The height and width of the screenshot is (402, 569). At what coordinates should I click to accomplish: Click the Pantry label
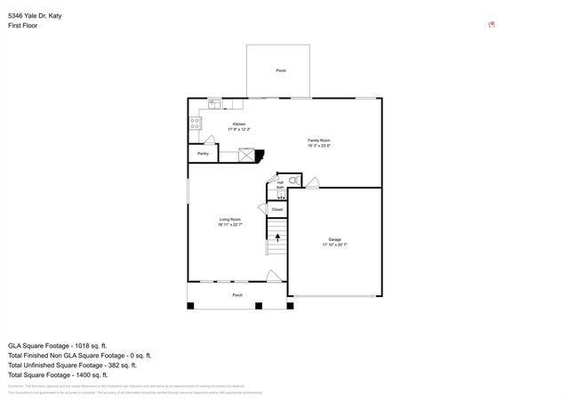click(x=203, y=154)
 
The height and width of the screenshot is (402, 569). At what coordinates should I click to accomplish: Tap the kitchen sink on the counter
click(x=214, y=103)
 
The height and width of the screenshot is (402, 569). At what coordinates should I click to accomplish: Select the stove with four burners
click(x=193, y=124)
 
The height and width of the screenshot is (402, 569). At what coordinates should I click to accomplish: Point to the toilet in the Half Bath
click(x=294, y=181)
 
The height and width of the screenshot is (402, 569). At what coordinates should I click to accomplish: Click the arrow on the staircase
click(x=277, y=237)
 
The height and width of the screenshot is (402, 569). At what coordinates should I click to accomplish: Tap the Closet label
click(x=277, y=210)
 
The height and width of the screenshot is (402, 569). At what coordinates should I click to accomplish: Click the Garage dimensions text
click(x=334, y=244)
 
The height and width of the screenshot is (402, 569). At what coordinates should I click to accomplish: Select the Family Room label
click(x=319, y=141)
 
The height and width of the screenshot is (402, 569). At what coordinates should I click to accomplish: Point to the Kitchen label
click(x=239, y=125)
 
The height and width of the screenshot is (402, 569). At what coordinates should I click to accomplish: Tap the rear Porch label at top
click(x=281, y=70)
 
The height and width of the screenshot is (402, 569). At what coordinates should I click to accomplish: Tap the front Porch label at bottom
click(x=237, y=294)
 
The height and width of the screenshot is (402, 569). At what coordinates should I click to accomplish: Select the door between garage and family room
click(x=311, y=182)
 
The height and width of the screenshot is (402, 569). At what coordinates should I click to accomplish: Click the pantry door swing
click(x=209, y=141)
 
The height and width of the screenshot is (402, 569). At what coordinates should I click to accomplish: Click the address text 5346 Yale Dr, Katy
click(x=42, y=16)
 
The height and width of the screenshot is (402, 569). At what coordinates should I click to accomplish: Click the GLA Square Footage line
click(x=57, y=345)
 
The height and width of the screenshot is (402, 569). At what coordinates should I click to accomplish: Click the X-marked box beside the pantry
click(x=246, y=154)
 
